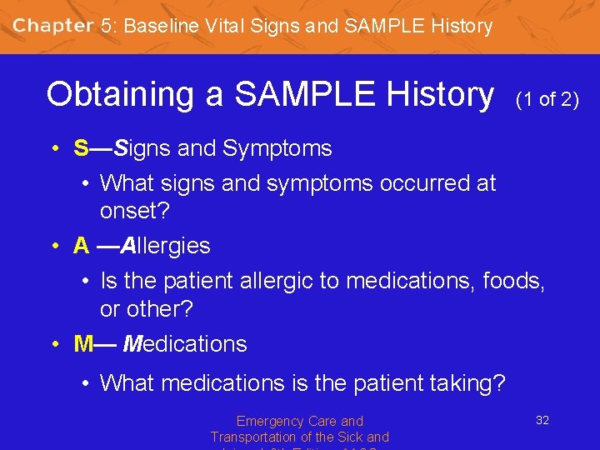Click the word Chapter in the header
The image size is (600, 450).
tap(52, 25)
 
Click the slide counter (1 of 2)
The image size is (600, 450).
tap(547, 100)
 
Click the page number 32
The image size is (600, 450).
tap(542, 421)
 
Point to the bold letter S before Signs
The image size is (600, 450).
tap(81, 149)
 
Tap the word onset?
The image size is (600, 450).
tap(134, 211)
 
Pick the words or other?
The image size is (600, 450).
tap(146, 309)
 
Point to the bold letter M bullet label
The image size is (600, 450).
tap(83, 344)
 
